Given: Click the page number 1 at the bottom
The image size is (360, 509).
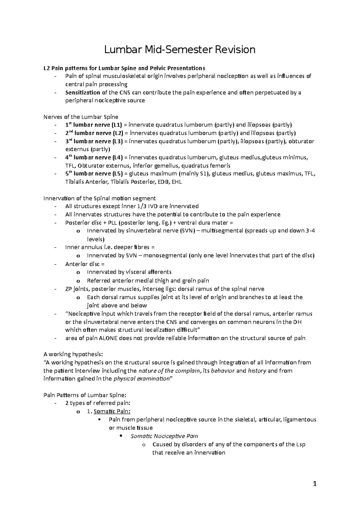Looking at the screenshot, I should click(314, 484).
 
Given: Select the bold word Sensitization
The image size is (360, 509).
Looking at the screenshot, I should click(82, 93).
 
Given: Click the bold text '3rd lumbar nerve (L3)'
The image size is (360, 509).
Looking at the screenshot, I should click(94, 141).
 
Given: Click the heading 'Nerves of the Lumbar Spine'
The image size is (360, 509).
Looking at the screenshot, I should click(81, 117).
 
